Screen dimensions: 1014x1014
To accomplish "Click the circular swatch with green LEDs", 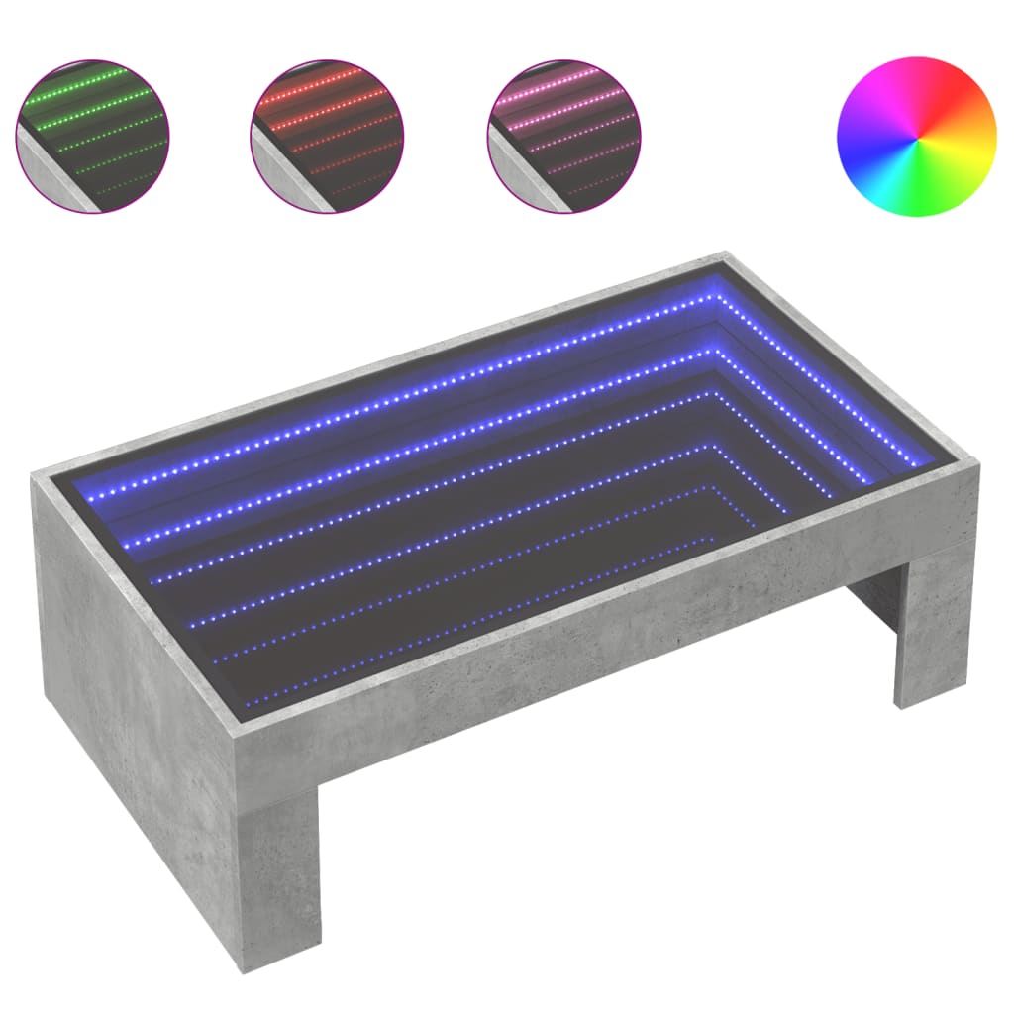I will (92, 135).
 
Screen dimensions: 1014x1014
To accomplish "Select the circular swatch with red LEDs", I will (328, 135).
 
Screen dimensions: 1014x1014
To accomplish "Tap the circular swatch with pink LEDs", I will (564, 135).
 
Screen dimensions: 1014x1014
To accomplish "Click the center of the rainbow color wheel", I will (916, 135).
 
